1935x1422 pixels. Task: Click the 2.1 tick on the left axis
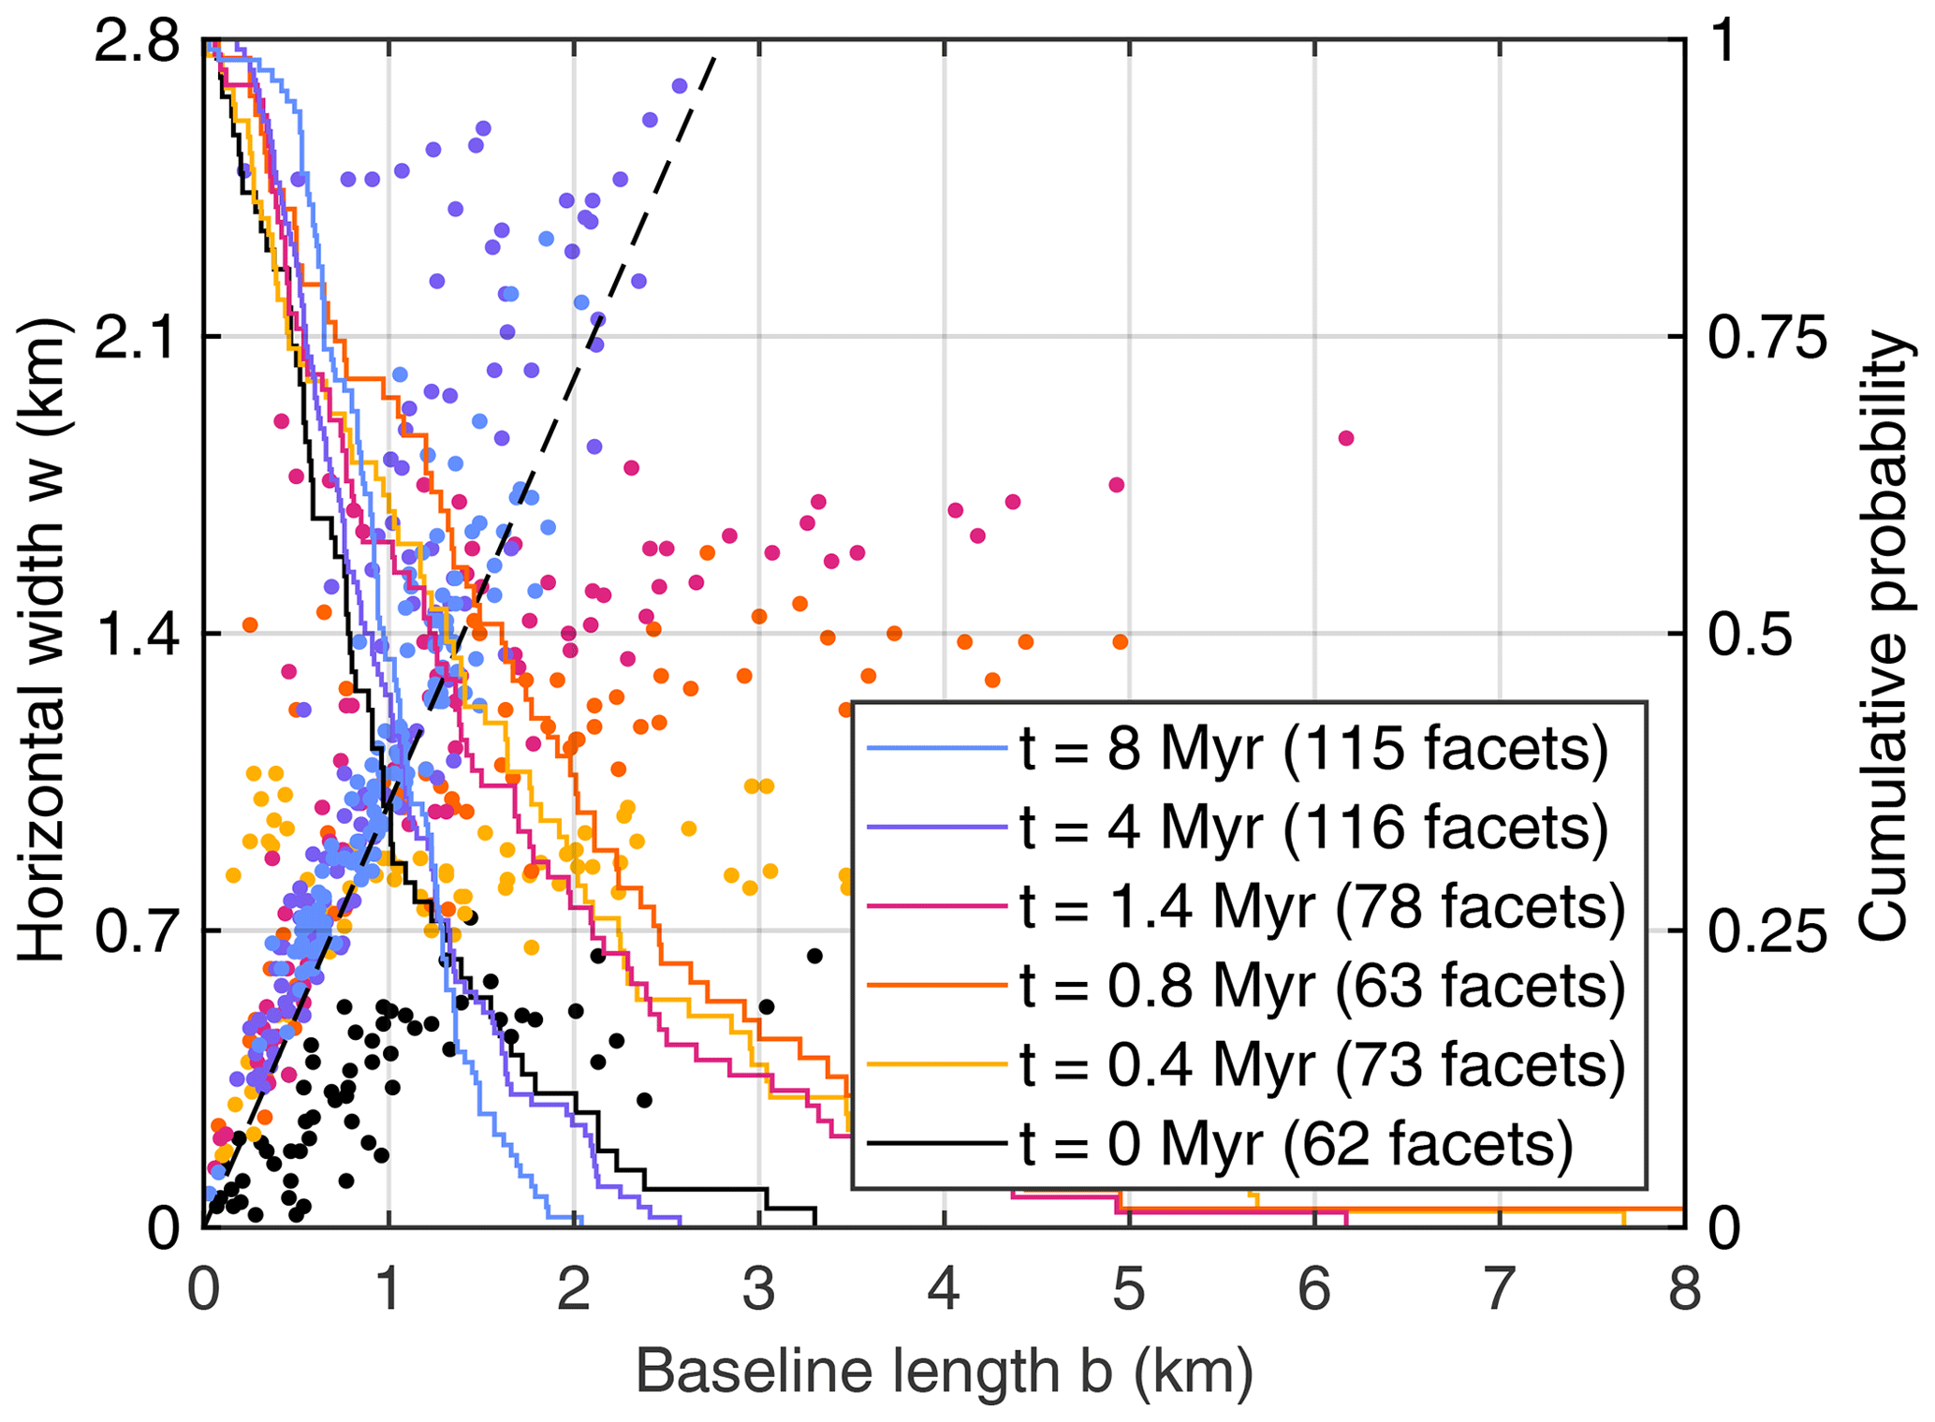click(x=137, y=337)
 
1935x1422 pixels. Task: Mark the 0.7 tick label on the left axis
click(x=137, y=931)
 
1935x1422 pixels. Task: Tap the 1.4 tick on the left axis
click(x=137, y=635)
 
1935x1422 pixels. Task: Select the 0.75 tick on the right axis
click(x=1766, y=337)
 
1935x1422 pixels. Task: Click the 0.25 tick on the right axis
click(x=1766, y=931)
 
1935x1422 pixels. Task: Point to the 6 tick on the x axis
click(x=1314, y=1289)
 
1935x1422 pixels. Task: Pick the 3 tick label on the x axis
click(x=759, y=1289)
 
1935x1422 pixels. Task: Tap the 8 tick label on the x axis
click(x=1684, y=1289)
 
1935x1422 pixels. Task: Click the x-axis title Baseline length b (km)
click(x=944, y=1372)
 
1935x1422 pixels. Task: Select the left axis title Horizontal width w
click(x=42, y=640)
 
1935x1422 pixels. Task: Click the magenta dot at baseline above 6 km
click(x=1346, y=438)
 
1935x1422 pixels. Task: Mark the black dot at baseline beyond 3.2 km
click(x=814, y=956)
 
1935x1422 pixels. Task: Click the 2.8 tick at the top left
click(x=137, y=43)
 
